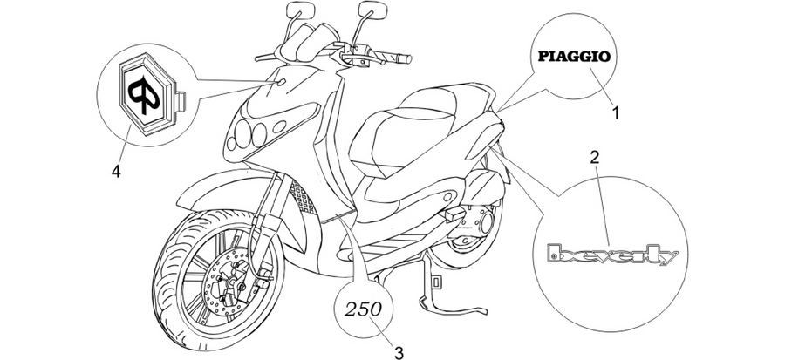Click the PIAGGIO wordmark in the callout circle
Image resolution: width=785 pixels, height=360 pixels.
coord(574,56)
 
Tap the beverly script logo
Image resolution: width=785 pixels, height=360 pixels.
coord(613,255)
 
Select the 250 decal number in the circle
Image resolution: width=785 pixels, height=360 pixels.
coord(363,309)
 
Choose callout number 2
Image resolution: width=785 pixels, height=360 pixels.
coord(594,158)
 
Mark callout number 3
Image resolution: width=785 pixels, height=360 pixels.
coord(399,353)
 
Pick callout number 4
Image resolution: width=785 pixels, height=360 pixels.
coord(116,172)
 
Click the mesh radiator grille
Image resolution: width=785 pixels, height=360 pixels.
coord(304,199)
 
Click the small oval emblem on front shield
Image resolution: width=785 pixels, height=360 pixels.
coord(280,81)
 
